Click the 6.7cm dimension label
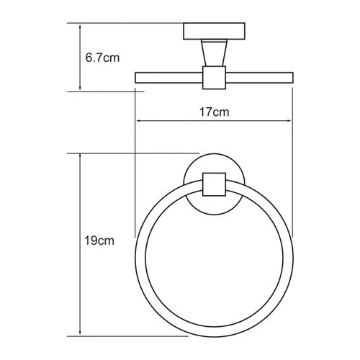(102, 58)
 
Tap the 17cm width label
(214, 113)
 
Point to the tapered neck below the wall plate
(214, 55)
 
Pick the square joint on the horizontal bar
(214, 78)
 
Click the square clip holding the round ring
(214, 184)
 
